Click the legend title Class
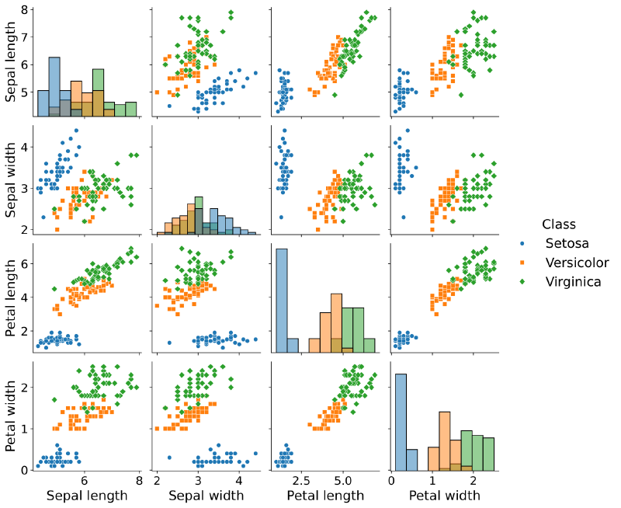pyautogui.click(x=559, y=225)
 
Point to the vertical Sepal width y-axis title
pyautogui.click(x=12, y=179)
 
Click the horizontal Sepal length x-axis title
pyautogui.click(x=87, y=495)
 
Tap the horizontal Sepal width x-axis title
pyautogui.click(x=206, y=495)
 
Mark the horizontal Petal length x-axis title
pyautogui.click(x=324, y=495)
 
